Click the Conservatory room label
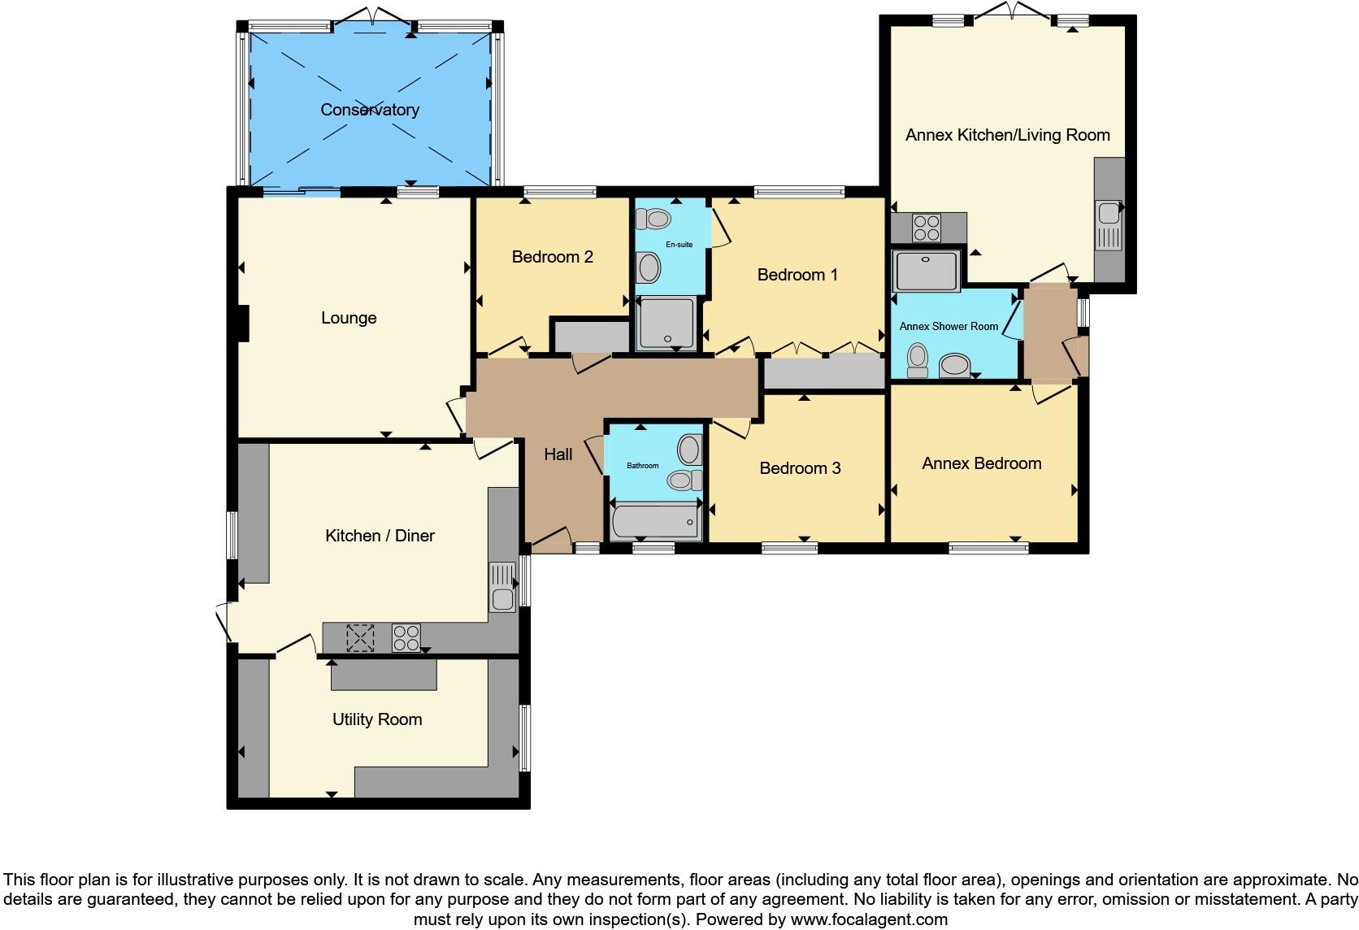pyautogui.click(x=370, y=110)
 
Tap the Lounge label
pyautogui.click(x=349, y=318)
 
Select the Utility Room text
pyautogui.click(x=377, y=719)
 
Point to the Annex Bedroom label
pyautogui.click(x=981, y=463)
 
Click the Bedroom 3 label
pyautogui.click(x=800, y=468)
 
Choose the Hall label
pyautogui.click(x=558, y=454)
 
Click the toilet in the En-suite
pyautogui.click(x=653, y=219)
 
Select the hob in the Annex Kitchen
pyautogui.click(x=927, y=227)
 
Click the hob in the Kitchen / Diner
pyautogui.click(x=406, y=637)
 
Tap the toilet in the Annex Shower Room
pyautogui.click(x=918, y=359)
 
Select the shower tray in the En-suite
pyautogui.click(x=666, y=323)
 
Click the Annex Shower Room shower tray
pyautogui.click(x=926, y=271)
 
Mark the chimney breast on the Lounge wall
pyautogui.click(x=242, y=323)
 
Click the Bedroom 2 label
pyautogui.click(x=553, y=257)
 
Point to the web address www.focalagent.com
pyautogui.click(x=869, y=920)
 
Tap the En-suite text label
pyautogui.click(x=679, y=244)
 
